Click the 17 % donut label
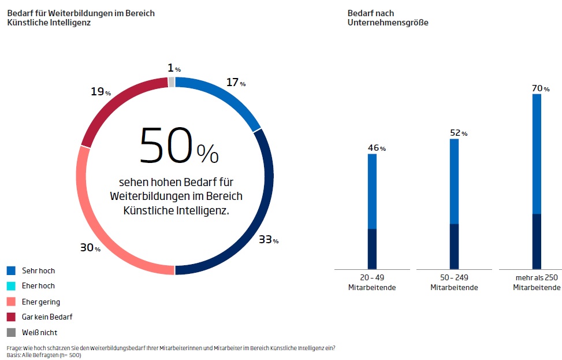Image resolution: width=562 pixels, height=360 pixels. [x=235, y=83]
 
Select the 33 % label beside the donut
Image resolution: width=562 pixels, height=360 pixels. [x=268, y=239]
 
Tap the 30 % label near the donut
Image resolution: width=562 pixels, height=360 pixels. [x=90, y=247]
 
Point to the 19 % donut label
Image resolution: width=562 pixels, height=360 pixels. [x=101, y=91]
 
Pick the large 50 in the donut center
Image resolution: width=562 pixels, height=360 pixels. [x=165, y=146]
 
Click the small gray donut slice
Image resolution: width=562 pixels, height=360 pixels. [x=171, y=81]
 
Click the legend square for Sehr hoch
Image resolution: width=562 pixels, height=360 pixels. [x=11, y=270]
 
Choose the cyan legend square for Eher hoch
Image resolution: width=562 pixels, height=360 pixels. [x=11, y=286]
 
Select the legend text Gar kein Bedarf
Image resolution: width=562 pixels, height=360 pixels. [x=47, y=317]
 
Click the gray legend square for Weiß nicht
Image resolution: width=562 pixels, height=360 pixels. [x=11, y=333]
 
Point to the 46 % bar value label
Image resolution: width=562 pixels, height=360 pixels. [x=376, y=148]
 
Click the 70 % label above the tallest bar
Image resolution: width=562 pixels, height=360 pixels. [x=540, y=88]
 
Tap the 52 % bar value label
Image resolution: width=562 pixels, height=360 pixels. [x=458, y=133]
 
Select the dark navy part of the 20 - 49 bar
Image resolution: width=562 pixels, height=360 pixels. [x=372, y=248]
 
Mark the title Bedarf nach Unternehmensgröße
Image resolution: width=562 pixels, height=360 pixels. [x=388, y=18]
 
